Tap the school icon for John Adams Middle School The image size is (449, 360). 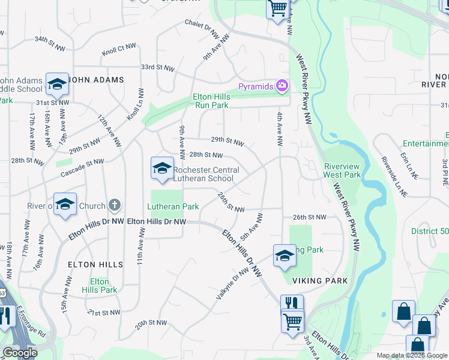pos(57,85)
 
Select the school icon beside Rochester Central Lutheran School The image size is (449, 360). pos(162,169)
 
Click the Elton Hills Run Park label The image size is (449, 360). pos(211,100)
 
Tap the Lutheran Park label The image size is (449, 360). pos(173,206)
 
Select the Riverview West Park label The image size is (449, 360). pos(342,170)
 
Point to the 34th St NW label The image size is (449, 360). pos(49,40)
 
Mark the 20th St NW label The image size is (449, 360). pos(151,323)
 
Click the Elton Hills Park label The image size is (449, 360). pos(100,286)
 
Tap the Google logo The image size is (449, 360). pos(20,353)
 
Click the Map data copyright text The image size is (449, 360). pos(411,355)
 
